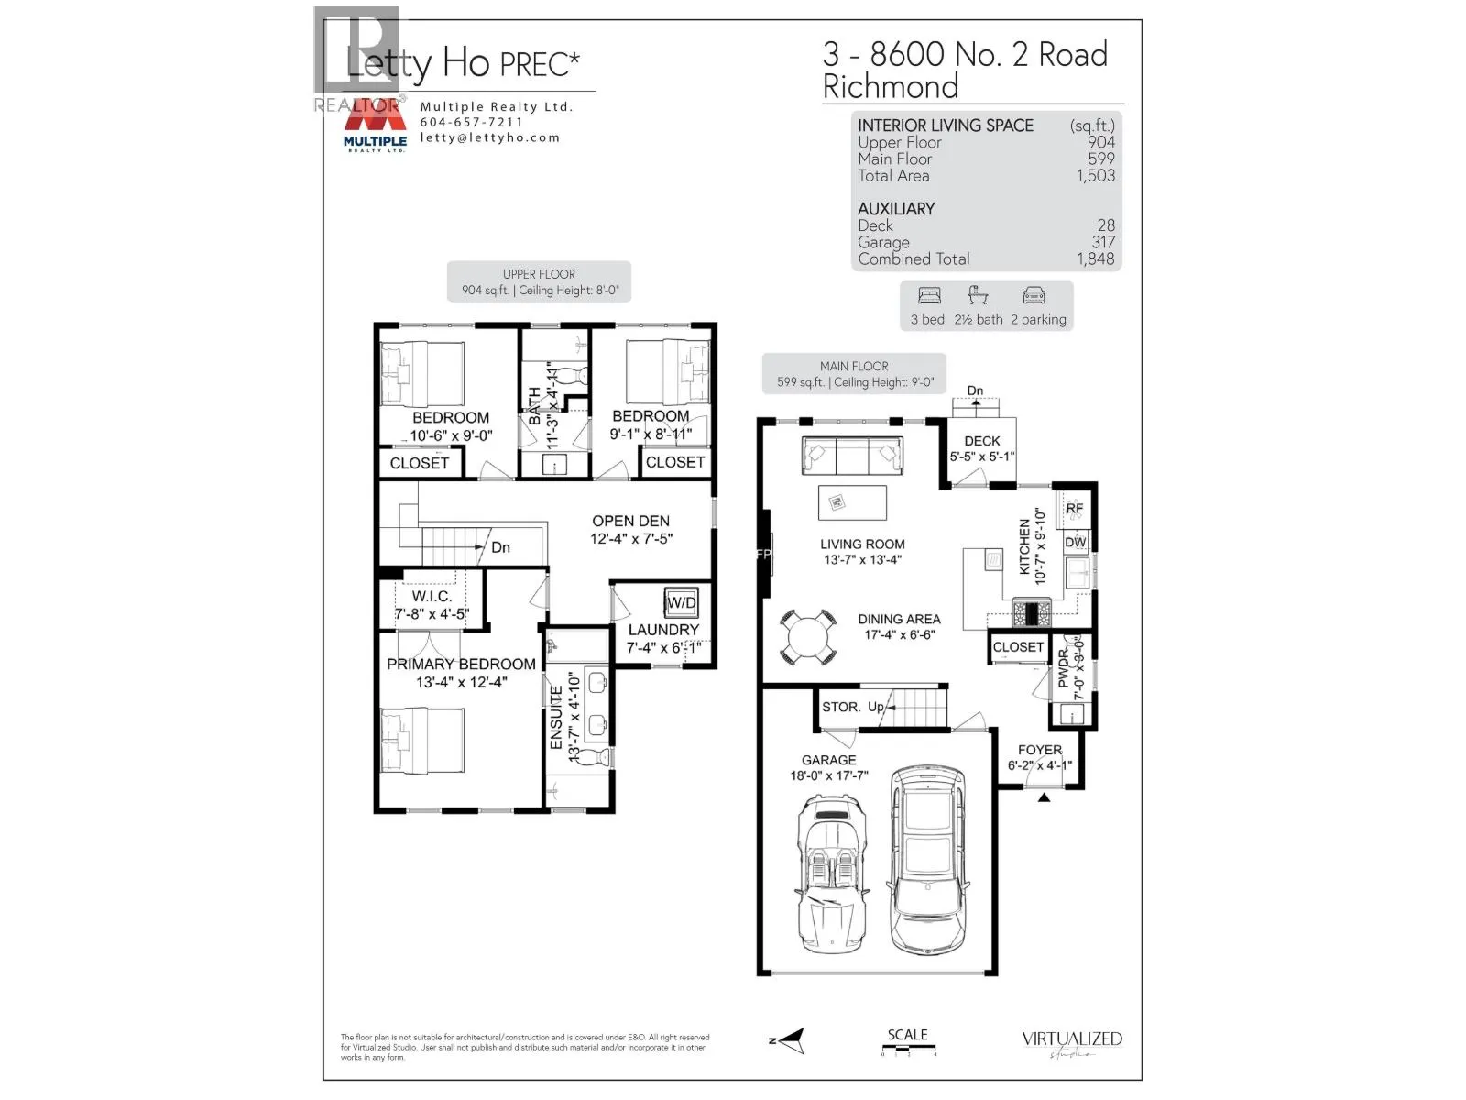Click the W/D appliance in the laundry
[681, 602]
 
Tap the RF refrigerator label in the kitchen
[1074, 508]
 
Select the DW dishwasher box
[1075, 542]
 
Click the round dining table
[808, 635]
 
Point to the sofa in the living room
[850, 455]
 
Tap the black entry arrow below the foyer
[1044, 797]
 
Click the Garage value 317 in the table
[1103, 242]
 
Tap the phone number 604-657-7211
[471, 122]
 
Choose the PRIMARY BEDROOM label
[461, 664]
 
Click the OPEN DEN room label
[630, 521]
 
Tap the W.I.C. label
[432, 596]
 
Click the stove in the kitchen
[1032, 612]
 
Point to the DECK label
[981, 441]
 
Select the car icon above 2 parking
[1034, 296]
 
